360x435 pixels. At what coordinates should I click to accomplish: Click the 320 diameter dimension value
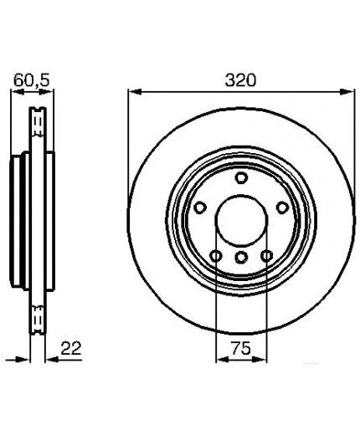tap(240, 80)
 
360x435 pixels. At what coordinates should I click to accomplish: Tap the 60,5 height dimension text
tap(32, 80)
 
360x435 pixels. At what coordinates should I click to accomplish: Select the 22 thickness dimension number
tap(71, 348)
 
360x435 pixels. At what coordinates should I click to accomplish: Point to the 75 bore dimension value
tap(241, 348)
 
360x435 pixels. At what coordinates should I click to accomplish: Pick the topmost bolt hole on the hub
tap(241, 178)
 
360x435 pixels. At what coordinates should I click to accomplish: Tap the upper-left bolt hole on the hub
tap(200, 207)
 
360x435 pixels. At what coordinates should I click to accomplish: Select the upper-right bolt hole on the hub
tap(282, 207)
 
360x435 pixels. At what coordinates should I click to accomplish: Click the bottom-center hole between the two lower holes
tap(241, 257)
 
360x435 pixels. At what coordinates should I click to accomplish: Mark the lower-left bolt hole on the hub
tap(216, 256)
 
